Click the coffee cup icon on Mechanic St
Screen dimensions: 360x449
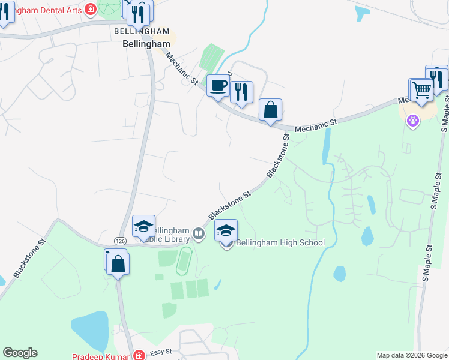(x=217, y=85)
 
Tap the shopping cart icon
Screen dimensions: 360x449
(x=421, y=90)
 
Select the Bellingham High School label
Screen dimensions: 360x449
(x=280, y=242)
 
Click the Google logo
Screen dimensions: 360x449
(x=20, y=353)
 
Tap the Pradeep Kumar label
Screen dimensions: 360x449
(x=100, y=356)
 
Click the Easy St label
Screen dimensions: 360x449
(x=161, y=352)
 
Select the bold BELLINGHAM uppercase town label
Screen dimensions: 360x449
(x=142, y=31)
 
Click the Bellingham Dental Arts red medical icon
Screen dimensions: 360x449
(x=90, y=9)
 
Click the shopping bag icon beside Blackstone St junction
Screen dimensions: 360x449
(x=270, y=110)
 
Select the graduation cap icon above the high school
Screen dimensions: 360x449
(x=226, y=231)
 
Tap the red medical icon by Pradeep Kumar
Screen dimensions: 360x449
(x=139, y=355)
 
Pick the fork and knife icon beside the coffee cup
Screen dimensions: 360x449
(x=241, y=92)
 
